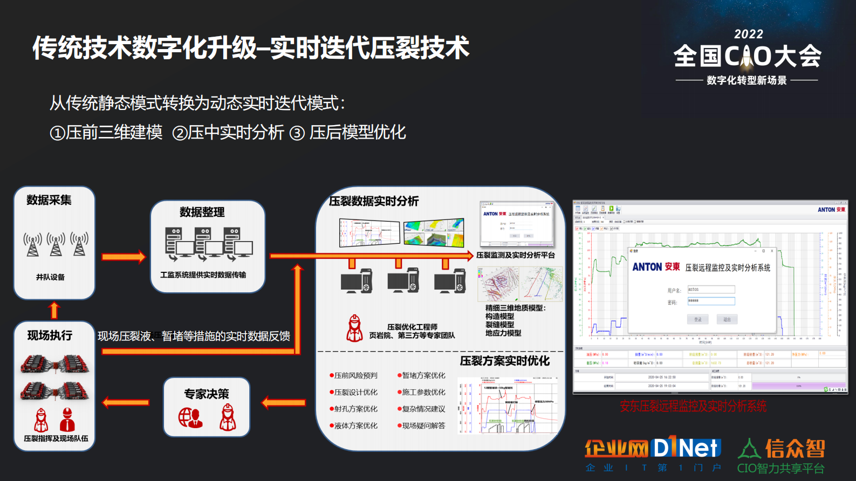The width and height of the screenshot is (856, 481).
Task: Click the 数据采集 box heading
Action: [x=49, y=200]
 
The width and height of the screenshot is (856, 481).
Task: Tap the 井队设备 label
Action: [x=50, y=277]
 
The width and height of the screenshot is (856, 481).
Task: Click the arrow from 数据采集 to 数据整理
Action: [x=124, y=257]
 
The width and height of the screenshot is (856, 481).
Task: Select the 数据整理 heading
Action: [x=202, y=212]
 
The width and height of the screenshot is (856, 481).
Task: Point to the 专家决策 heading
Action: [x=207, y=394]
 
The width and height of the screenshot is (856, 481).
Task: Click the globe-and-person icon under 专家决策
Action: [x=190, y=417]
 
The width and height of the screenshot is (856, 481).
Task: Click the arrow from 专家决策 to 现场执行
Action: [x=126, y=402]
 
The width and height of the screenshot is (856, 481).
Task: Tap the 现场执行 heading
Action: [x=50, y=335]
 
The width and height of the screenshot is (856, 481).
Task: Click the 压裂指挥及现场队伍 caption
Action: [x=56, y=438]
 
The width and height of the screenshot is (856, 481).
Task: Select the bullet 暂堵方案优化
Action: [x=423, y=375]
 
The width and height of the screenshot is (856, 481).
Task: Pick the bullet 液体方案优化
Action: [x=355, y=425]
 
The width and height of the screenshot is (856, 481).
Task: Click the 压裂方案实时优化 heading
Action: [x=504, y=361]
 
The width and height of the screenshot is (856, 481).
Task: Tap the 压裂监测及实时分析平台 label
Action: [x=515, y=255]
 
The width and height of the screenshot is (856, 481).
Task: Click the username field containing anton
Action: [x=711, y=290]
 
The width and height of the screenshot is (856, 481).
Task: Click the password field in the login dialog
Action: [x=711, y=301]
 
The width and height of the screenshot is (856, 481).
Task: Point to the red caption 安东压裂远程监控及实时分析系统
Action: [x=693, y=406]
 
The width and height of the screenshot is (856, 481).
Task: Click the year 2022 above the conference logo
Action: [x=748, y=35]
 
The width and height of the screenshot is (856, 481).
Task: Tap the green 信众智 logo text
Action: [x=795, y=448]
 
